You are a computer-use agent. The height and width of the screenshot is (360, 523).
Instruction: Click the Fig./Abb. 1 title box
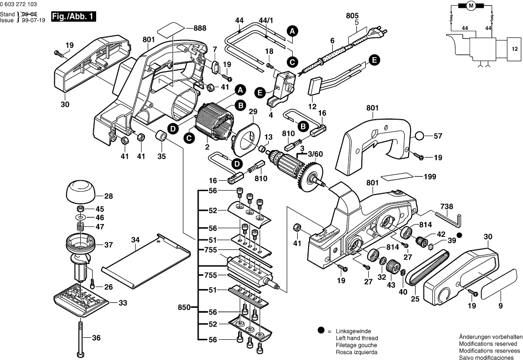point(73,17)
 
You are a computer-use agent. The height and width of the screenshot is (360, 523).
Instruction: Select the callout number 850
point(184,307)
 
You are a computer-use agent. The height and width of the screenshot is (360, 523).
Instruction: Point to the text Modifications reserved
point(488,343)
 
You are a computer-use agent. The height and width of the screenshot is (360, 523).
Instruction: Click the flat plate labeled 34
point(146,261)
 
